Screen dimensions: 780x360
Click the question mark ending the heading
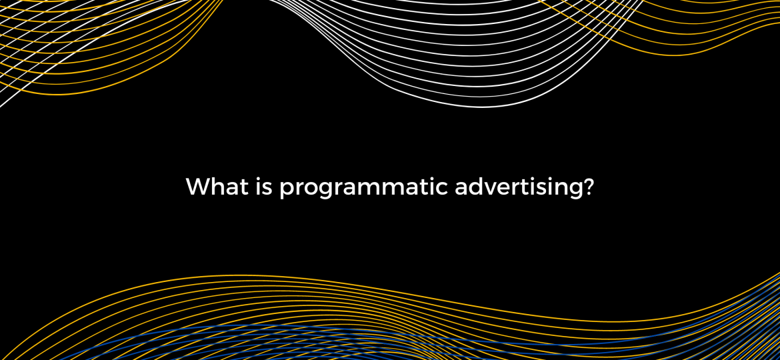point(587,187)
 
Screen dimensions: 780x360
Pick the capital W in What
point(198,187)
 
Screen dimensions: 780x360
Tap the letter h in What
point(217,187)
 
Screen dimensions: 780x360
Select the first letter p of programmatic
point(286,192)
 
